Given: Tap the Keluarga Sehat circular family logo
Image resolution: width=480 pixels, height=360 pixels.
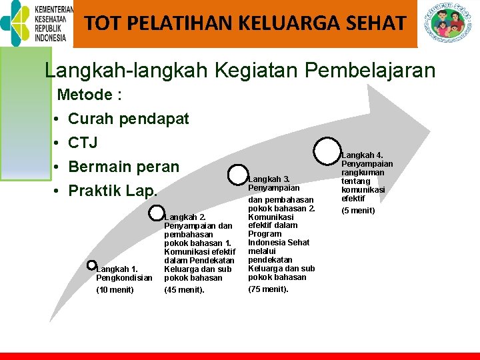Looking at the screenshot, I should point(449,23).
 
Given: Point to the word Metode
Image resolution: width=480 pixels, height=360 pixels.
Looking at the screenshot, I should point(85,95).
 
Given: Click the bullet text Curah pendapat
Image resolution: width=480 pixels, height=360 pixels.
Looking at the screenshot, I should point(129,119).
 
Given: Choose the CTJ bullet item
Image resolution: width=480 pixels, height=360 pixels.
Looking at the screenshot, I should point(83,143).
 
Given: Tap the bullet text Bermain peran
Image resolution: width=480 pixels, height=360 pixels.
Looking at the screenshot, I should point(124,167).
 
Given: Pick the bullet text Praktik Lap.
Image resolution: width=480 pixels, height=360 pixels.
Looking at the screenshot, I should point(113,191).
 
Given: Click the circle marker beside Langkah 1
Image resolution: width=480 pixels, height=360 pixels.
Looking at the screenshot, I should point(92,265).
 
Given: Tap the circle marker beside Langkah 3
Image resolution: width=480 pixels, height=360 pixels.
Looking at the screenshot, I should point(237,175).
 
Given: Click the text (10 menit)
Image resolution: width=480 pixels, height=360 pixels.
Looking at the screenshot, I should point(115,289).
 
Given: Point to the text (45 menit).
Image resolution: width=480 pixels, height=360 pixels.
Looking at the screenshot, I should point(184,289).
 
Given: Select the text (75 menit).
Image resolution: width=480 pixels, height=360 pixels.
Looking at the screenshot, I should point(268,289).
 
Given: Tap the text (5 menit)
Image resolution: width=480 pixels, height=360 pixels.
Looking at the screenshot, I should point(359,211).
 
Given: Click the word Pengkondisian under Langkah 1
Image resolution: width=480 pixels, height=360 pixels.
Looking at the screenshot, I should point(125,277).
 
